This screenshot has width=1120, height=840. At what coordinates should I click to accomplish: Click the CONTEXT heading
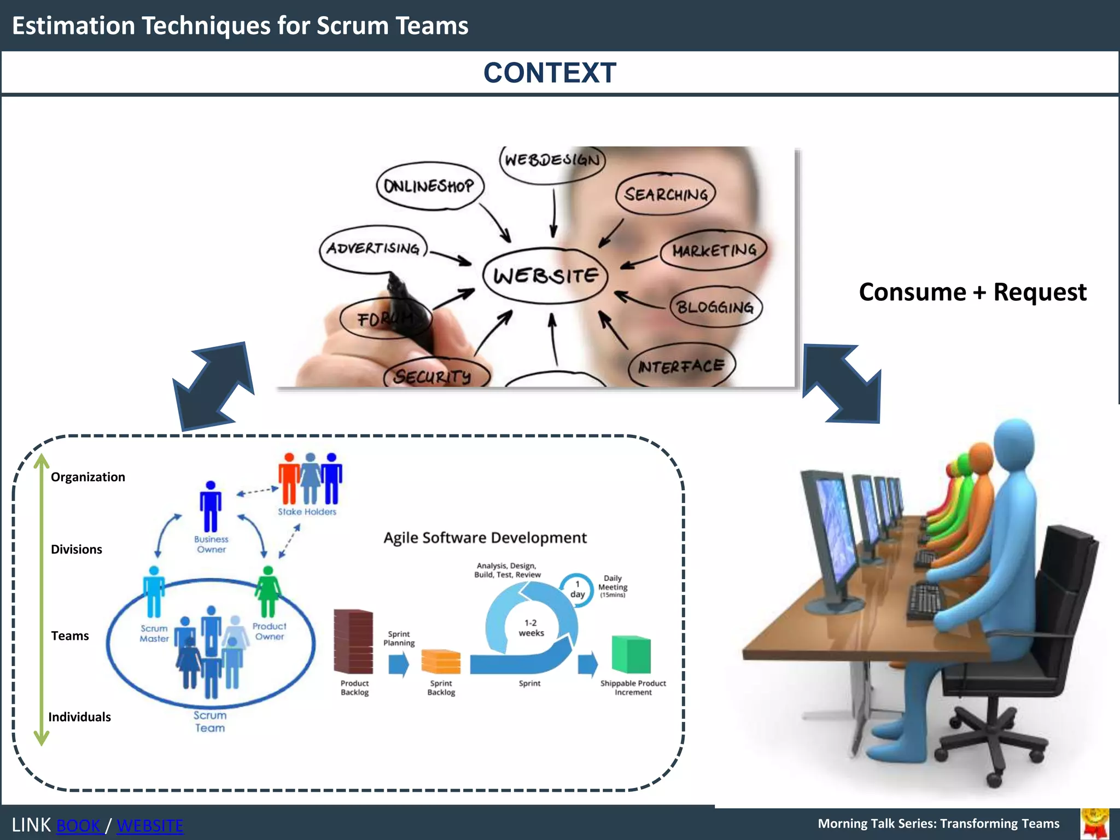550,73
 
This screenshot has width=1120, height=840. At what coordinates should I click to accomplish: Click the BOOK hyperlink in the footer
79,825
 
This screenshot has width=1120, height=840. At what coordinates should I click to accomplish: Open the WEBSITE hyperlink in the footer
150,825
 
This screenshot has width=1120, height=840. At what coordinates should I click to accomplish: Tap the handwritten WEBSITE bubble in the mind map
546,275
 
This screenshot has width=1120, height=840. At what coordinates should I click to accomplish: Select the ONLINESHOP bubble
429,186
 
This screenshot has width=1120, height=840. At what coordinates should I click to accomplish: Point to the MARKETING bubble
714,250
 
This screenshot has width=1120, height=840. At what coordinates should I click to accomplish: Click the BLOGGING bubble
715,307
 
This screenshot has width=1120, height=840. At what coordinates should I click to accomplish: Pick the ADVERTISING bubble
374,249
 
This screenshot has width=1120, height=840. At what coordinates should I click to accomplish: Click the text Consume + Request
972,292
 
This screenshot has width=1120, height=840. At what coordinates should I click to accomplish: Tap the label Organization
88,477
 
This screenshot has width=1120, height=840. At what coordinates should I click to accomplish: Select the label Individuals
80,717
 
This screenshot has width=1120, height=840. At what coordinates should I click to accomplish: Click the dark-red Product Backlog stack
353,642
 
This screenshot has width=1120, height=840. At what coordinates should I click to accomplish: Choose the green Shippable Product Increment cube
632,654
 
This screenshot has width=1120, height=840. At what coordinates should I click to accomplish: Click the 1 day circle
577,590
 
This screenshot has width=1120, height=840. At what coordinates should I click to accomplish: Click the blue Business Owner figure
211,506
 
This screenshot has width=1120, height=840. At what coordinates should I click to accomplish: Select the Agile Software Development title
485,538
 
